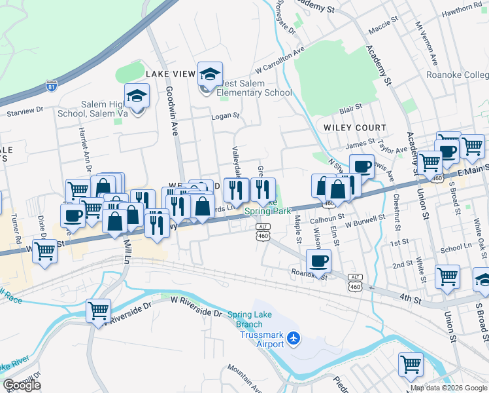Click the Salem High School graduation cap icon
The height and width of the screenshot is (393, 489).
137,97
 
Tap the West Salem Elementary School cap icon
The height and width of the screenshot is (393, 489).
210,75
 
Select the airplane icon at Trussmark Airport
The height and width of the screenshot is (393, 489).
294,337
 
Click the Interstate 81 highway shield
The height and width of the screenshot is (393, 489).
51,86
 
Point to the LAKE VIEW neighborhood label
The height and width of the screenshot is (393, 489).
171,74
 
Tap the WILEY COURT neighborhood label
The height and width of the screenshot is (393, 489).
355,127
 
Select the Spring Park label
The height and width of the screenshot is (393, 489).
268,211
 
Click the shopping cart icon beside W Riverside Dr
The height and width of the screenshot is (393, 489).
98,311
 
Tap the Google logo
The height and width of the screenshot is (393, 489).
22,385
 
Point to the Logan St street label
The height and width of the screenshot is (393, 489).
226,116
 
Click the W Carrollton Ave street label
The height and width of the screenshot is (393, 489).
280,60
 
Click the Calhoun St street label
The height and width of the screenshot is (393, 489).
327,220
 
